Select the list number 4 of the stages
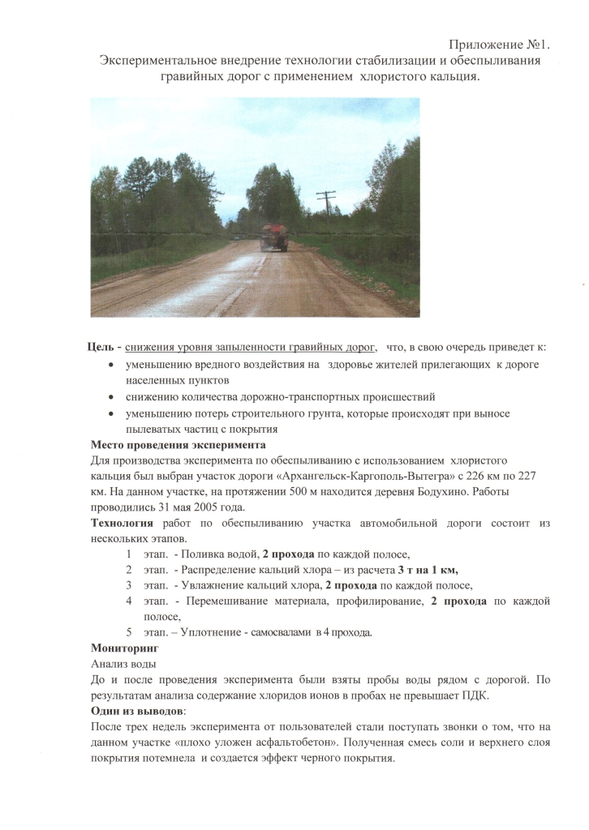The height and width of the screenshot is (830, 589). pos(130,601)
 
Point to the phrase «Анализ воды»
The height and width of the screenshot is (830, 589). pos(123,664)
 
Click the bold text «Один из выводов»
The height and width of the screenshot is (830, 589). pos(137,711)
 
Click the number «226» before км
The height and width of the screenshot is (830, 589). pos(469,477)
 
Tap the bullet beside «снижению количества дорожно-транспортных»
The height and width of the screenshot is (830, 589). pos(110,398)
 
